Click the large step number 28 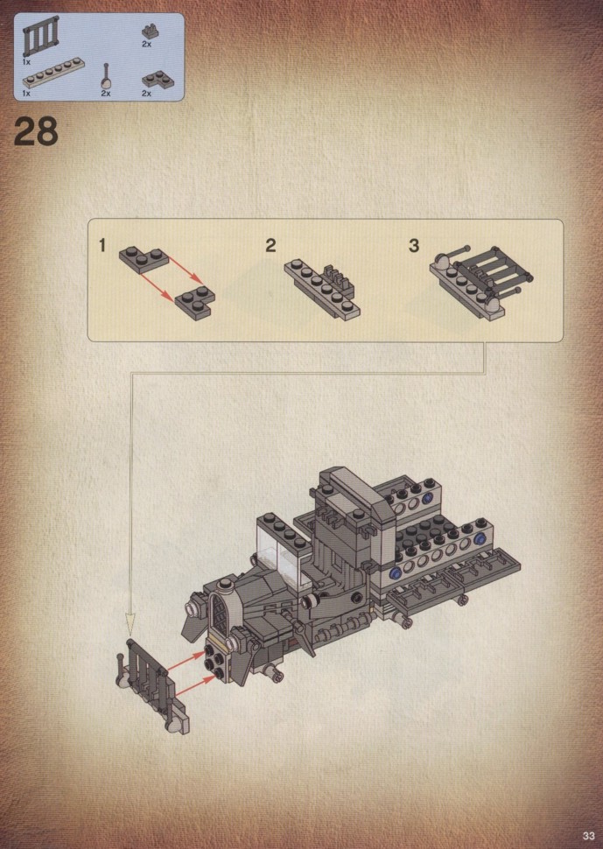[x=36, y=131]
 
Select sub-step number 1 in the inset [x=102, y=245]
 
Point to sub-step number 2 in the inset [x=270, y=245]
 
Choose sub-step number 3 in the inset [x=414, y=245]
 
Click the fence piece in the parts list [x=41, y=37]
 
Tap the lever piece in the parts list [x=107, y=76]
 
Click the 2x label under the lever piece [x=106, y=94]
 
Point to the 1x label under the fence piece [x=26, y=62]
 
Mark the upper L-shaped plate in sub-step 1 [x=144, y=259]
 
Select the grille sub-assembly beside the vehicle [x=153, y=685]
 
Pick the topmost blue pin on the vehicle [x=428, y=497]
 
